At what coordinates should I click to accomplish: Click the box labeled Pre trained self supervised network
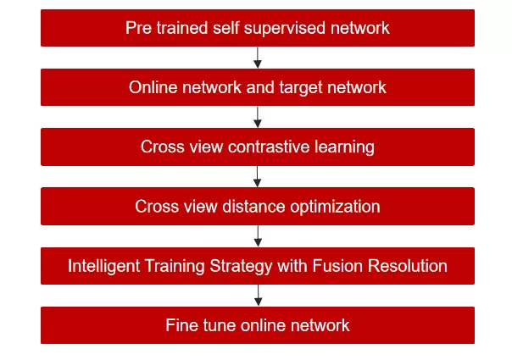257,28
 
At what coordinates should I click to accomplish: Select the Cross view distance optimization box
257,206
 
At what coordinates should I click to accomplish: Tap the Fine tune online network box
257,324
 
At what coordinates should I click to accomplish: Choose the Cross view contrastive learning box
257,147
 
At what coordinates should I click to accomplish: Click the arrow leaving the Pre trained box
258,58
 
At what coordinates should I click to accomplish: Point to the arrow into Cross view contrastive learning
258,117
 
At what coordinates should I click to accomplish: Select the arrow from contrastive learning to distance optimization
258,176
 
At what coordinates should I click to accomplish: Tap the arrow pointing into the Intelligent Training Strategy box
258,235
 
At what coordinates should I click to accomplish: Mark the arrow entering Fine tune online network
258,295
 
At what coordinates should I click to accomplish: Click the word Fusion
343,265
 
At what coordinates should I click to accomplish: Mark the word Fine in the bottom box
181,324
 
